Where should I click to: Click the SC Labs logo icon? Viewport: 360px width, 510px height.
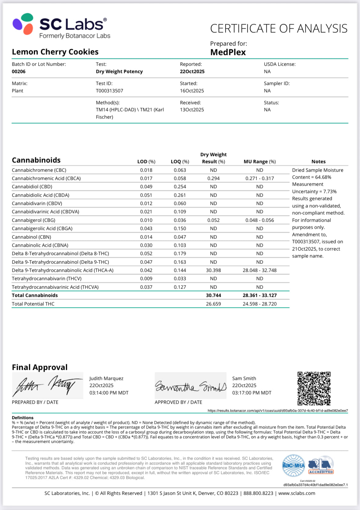pos(23,24)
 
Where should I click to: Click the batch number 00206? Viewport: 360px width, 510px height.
pos(19,71)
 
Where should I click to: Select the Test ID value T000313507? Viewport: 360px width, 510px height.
pos(109,91)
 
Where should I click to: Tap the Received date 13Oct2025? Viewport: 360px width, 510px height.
pos(192,110)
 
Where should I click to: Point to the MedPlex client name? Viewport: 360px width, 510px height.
pos(228,52)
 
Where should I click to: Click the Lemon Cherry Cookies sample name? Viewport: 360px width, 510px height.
pos(55,52)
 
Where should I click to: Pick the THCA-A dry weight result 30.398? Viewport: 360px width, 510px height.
pos(213,270)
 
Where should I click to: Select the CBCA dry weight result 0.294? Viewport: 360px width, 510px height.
pos(213,178)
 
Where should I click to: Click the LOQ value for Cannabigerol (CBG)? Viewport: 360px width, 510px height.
pos(180,220)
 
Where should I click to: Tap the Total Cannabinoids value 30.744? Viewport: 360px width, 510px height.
pos(213,295)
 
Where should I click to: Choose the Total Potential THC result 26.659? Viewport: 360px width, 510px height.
pos(213,304)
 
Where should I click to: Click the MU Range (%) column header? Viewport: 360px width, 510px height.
pos(260,162)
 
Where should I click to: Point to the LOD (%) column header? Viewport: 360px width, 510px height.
pos(146,162)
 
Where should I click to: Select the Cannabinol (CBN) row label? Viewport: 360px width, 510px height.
pos(31,237)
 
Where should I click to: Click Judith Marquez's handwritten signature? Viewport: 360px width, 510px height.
pos(47,385)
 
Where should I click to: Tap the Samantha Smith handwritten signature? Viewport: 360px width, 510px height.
pos(191,386)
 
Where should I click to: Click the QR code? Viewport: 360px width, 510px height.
pos(314,388)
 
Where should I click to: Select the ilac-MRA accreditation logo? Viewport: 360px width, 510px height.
pos(293,465)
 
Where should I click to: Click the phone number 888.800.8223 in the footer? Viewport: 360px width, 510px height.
pos(258,493)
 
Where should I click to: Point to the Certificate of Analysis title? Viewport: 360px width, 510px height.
pos(278,29)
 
